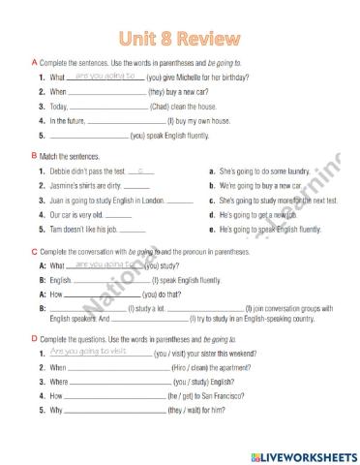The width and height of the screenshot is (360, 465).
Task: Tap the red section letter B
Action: [x=34, y=155]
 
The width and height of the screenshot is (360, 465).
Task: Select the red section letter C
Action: [x=34, y=250]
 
